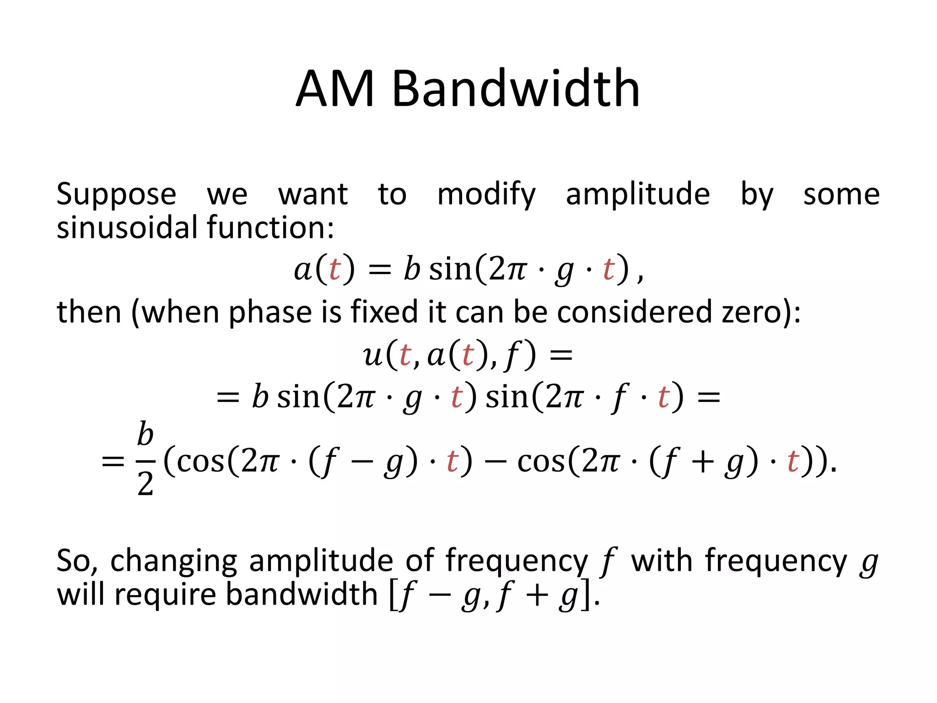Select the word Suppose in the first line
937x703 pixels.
116,195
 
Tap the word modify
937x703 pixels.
486,195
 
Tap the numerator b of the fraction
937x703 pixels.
145,434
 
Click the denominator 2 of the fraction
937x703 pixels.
145,484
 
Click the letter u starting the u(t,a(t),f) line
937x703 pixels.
373,355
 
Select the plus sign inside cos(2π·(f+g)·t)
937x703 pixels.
702,461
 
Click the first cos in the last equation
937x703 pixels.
200,461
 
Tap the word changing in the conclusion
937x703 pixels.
173,561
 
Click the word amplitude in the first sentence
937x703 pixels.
637,195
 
